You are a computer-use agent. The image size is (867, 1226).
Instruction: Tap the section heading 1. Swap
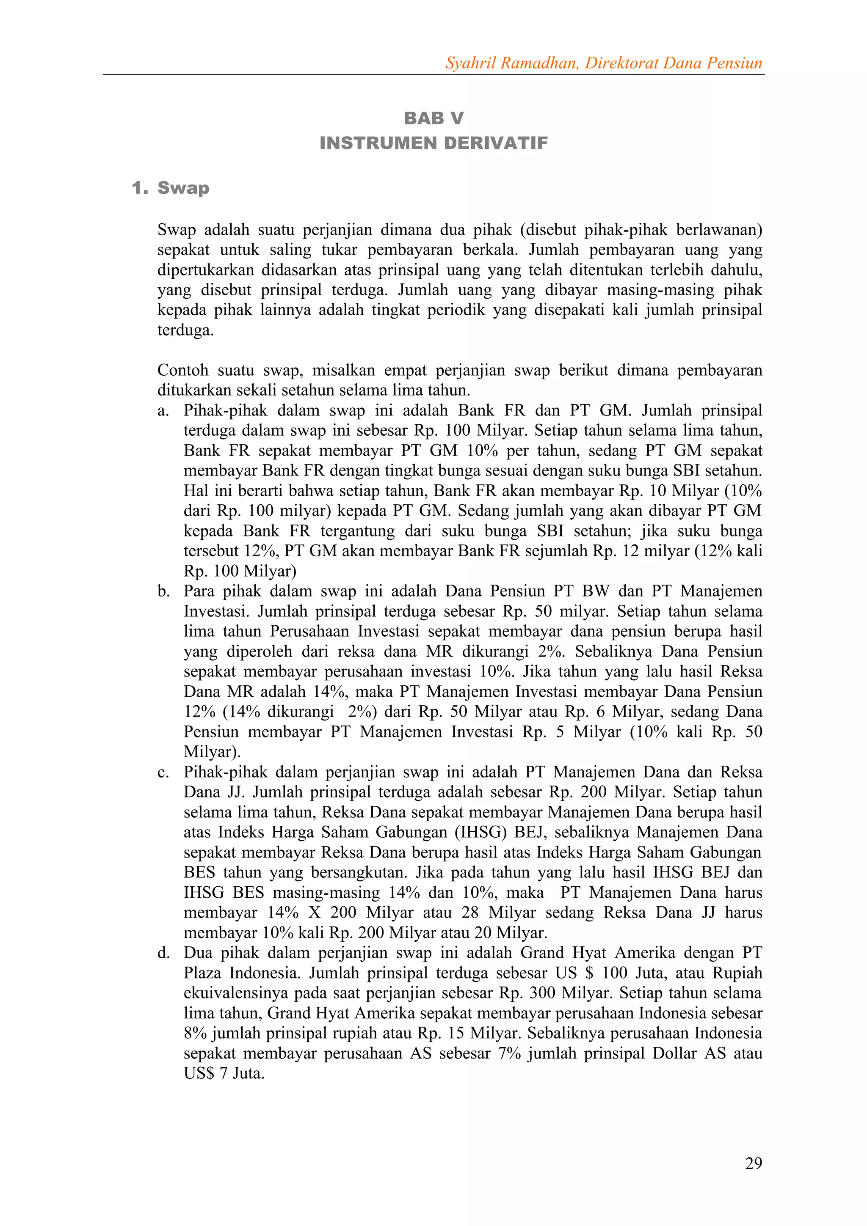pyautogui.click(x=171, y=188)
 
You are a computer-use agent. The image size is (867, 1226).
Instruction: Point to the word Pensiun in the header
pyautogui.click(x=734, y=63)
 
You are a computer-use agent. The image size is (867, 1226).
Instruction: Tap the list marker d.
pyautogui.click(x=163, y=953)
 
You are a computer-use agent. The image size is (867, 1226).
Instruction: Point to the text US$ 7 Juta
pyautogui.click(x=224, y=1073)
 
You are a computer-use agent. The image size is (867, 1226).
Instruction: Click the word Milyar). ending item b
pyautogui.click(x=212, y=752)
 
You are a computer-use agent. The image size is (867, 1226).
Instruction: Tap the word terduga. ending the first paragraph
pyautogui.click(x=185, y=330)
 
